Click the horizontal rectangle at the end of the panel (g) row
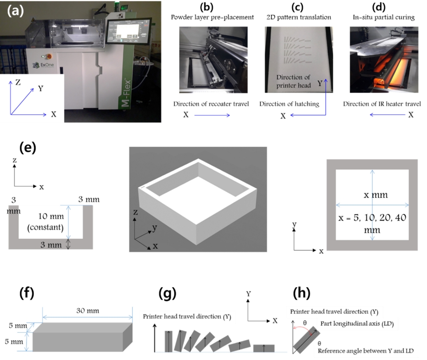tap(263, 348)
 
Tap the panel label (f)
tap(27, 293)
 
